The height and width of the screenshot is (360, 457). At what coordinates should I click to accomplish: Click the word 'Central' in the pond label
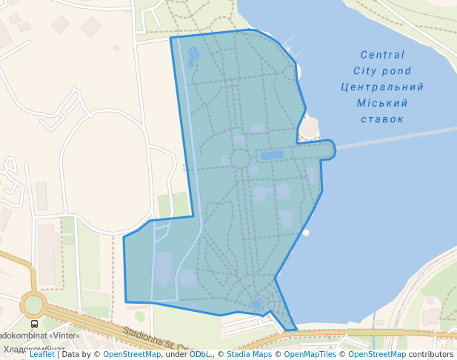click(382, 55)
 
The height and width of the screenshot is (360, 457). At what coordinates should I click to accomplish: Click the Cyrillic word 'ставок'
click(382, 119)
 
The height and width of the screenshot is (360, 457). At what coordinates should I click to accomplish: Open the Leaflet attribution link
click(42, 354)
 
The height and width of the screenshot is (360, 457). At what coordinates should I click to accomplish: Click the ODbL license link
click(199, 354)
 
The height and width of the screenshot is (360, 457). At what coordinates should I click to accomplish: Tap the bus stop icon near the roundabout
click(34, 324)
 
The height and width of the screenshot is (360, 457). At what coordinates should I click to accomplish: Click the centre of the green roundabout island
click(33, 304)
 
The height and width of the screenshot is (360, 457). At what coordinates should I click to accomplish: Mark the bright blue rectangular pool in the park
click(272, 156)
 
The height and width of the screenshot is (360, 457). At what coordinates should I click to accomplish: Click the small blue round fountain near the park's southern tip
click(257, 304)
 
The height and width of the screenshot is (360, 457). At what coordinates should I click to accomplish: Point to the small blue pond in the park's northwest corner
click(194, 53)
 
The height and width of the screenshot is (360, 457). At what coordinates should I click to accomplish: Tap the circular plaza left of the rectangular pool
click(239, 159)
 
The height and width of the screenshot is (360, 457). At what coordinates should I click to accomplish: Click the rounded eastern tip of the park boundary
click(333, 148)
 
